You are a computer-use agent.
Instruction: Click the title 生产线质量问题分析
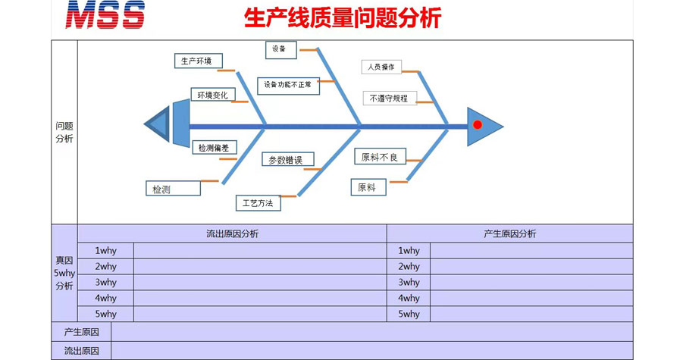pyautogui.click(x=343, y=17)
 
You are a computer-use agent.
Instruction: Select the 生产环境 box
pyautogui.click(x=198, y=61)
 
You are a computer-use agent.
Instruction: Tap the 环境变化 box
pyautogui.click(x=212, y=95)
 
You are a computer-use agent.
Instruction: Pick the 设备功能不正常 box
pyautogui.click(x=288, y=86)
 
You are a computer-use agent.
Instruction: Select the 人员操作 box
pyautogui.click(x=381, y=67)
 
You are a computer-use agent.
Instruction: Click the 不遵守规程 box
pyautogui.click(x=389, y=99)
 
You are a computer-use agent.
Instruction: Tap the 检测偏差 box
pyautogui.click(x=214, y=148)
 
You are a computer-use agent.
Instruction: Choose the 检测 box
pyautogui.click(x=172, y=189)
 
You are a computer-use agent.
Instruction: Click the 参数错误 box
pyautogui.click(x=287, y=160)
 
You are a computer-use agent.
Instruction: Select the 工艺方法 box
pyautogui.click(x=258, y=202)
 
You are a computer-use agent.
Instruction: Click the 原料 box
pyautogui.click(x=368, y=186)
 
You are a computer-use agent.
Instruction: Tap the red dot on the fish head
pyautogui.click(x=477, y=124)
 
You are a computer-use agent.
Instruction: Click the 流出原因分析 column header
pyautogui.click(x=232, y=233)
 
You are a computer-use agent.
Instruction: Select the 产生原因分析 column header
pyautogui.click(x=509, y=233)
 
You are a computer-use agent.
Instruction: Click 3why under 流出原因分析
pyautogui.click(x=106, y=282)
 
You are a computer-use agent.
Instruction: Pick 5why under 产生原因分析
pyautogui.click(x=409, y=314)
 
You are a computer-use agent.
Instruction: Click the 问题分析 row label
pyautogui.click(x=64, y=132)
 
